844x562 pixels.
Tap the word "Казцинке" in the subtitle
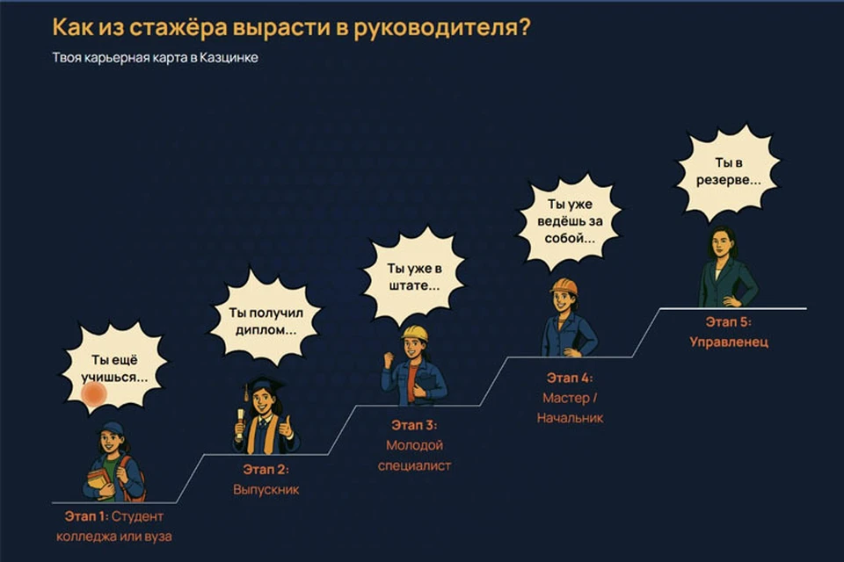point(229,58)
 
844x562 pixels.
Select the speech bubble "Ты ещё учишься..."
point(113,369)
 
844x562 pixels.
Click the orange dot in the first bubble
point(94,393)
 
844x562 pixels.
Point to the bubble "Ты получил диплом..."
point(266,321)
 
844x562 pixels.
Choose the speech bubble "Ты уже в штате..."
point(414,277)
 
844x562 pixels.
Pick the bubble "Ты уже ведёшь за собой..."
point(570,221)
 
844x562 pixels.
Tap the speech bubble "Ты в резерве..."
point(728,172)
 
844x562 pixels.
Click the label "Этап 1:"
point(86,516)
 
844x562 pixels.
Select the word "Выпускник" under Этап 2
point(266,489)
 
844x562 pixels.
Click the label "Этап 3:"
point(414,425)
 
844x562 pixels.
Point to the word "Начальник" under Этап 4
point(570,418)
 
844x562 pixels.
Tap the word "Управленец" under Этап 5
point(729,342)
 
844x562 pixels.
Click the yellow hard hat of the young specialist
point(414,333)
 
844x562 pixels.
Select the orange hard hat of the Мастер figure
point(564,286)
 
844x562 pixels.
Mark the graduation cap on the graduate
point(264,385)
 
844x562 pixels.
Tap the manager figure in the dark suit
point(727,267)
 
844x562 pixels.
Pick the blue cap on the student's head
point(112,429)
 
